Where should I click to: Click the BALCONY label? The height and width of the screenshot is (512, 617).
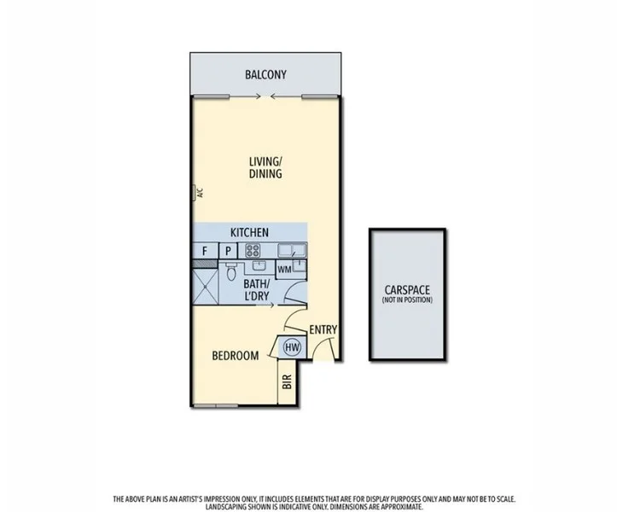click(265, 74)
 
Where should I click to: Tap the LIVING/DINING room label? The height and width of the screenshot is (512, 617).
click(265, 167)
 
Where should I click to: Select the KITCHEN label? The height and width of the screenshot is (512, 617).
click(249, 232)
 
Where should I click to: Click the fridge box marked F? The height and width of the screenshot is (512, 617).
click(205, 251)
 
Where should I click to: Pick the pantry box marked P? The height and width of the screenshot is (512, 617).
click(229, 251)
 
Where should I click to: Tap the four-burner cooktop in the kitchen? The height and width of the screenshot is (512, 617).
click(253, 250)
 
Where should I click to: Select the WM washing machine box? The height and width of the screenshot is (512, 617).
click(282, 270)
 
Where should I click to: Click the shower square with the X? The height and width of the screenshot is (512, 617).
click(205, 283)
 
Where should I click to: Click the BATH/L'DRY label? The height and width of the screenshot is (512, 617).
click(257, 288)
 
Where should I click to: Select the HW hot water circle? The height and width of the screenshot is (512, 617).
click(292, 347)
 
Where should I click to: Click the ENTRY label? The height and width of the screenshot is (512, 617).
click(323, 329)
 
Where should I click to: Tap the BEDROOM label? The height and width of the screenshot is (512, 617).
click(234, 356)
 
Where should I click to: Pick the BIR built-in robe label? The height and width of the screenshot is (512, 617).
click(287, 381)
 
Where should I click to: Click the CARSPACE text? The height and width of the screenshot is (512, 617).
click(408, 290)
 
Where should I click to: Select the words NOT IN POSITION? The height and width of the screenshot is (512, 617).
click(408, 300)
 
